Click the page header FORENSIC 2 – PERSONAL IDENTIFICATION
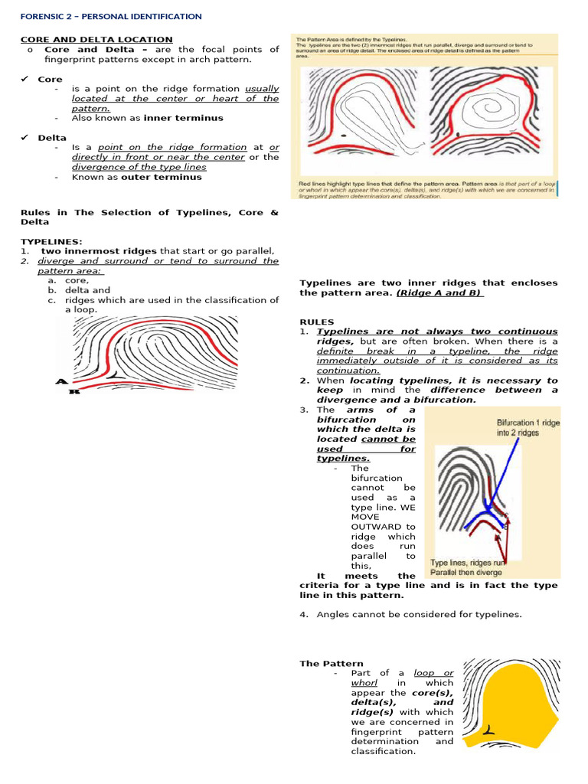(x=111, y=16)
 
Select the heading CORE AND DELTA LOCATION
(x=96, y=39)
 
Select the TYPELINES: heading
(x=51, y=241)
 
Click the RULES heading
(x=316, y=322)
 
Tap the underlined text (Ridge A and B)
(x=439, y=292)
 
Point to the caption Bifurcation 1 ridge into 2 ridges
(x=528, y=427)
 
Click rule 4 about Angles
(x=419, y=614)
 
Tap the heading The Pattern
(x=321, y=663)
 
